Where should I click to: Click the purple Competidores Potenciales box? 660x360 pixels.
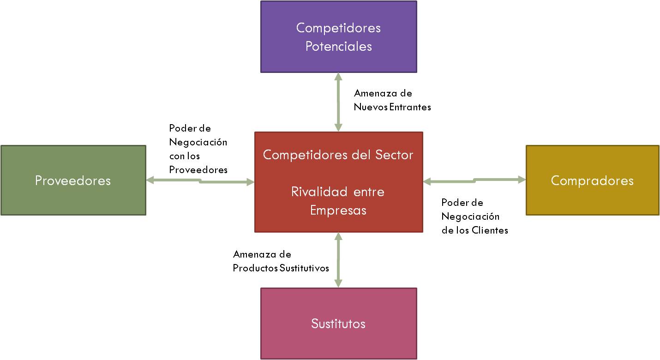pos(338,36)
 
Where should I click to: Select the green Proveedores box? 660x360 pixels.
pos(73,180)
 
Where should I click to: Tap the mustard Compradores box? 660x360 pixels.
pos(592,180)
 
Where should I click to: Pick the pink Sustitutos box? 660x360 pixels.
pos(338,324)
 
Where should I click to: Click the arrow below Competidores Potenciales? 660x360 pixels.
pos(338,102)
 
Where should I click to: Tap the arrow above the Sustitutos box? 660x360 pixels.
pos(338,260)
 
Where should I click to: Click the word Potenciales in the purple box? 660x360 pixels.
pos(338,46)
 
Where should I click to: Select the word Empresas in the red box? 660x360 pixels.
pos(338,210)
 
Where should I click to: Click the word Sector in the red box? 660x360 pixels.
pos(395,155)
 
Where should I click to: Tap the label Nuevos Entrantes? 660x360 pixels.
pos(392,107)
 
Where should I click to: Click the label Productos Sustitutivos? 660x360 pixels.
pos(281,268)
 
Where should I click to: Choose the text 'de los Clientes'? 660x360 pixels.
pos(474,230)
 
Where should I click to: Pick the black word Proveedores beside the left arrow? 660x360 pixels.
pos(198,170)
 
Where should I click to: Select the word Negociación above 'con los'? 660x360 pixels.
pos(198,142)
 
